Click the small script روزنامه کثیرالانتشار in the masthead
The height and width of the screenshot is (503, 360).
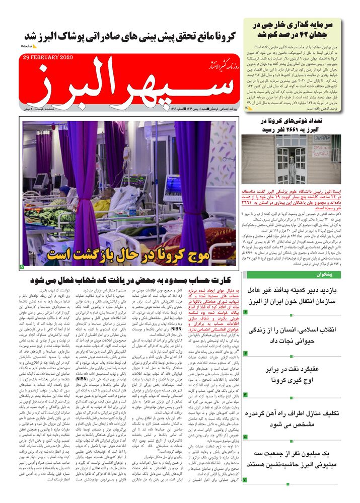[214, 63]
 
